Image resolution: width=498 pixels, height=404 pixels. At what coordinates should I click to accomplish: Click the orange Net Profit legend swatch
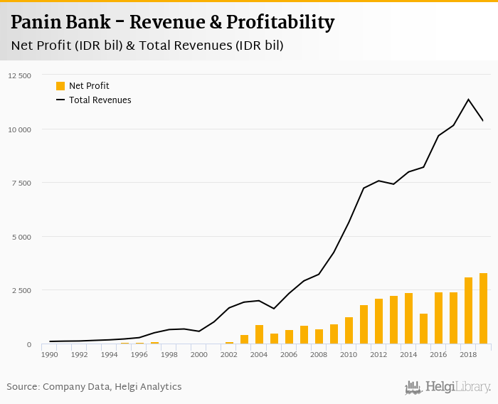(x=60, y=86)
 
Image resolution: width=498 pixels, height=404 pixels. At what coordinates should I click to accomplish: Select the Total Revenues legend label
(x=100, y=100)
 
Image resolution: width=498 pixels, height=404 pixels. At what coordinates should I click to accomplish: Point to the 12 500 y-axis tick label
(x=19, y=75)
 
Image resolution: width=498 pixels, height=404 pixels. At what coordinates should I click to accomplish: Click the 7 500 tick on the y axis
(x=21, y=183)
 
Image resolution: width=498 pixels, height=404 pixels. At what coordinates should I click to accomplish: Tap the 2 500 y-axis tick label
(x=21, y=290)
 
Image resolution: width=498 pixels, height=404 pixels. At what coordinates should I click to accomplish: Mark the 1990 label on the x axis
(x=50, y=354)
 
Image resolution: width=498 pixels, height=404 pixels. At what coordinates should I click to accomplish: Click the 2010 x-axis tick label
(x=349, y=354)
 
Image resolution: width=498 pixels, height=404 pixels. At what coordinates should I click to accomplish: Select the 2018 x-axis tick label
(x=468, y=354)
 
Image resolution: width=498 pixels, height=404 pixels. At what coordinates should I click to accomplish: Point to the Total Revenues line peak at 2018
(x=468, y=99)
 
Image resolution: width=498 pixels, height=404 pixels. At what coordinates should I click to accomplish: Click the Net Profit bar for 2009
(x=334, y=334)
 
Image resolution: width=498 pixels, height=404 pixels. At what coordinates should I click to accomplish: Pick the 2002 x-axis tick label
(x=229, y=354)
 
